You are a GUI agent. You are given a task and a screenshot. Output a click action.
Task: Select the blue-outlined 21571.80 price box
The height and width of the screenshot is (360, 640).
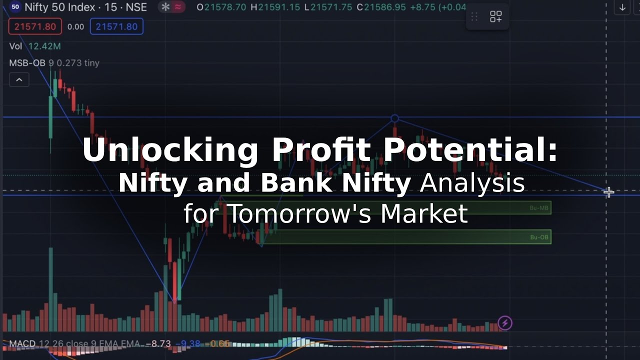point(116,26)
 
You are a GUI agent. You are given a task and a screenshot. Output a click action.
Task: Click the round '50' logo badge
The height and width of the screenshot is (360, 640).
point(15,7)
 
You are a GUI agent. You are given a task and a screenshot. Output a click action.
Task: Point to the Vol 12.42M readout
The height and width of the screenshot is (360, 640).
point(35,46)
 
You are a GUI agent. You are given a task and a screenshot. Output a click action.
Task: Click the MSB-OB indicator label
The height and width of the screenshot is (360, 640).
point(27,63)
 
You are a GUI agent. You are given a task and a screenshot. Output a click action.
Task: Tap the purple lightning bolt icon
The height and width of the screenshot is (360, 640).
point(505,323)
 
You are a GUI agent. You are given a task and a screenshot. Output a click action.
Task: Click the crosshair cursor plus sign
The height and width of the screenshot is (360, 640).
point(608,192)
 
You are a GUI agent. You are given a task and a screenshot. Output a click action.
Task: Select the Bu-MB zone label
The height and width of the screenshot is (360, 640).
point(539,207)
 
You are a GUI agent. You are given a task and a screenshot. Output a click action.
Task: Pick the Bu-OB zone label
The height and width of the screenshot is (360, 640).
point(539,237)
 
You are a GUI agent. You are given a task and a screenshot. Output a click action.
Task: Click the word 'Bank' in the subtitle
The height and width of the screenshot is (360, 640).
point(298,183)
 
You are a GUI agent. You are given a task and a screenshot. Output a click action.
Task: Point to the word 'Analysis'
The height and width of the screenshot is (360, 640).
point(472,183)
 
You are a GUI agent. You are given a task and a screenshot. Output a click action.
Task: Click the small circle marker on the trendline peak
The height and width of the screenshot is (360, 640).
point(395,118)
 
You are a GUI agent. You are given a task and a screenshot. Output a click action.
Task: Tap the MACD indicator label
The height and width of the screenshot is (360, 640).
point(22,344)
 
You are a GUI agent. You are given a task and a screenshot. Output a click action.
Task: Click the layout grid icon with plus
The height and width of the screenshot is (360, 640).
point(495,17)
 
